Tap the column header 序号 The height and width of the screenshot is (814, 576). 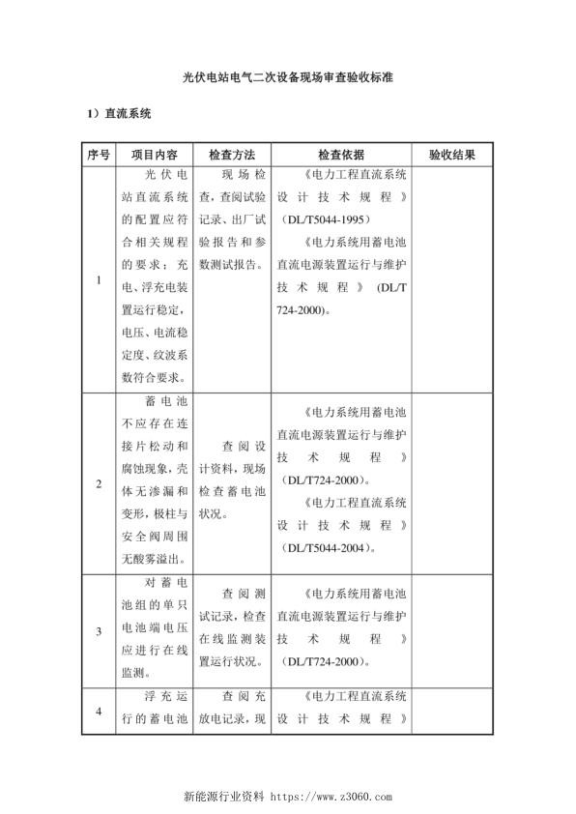pyautogui.click(x=98, y=155)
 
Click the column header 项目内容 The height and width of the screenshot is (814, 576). pyautogui.click(x=155, y=155)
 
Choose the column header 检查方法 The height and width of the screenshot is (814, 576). pyautogui.click(x=232, y=155)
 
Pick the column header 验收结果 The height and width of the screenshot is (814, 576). pyautogui.click(x=452, y=155)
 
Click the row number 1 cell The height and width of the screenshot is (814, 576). pyautogui.click(x=98, y=280)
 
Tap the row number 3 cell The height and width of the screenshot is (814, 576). pyautogui.click(x=98, y=631)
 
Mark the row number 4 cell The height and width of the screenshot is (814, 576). pyautogui.click(x=98, y=712)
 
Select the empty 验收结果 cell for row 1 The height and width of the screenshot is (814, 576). pyautogui.click(x=452, y=280)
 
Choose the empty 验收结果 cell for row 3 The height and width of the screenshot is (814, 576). pyautogui.click(x=452, y=631)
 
